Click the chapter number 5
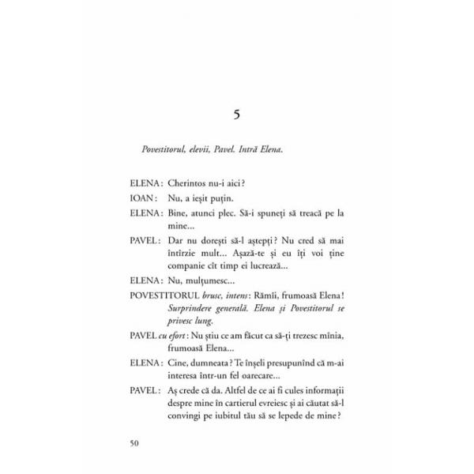(237, 115)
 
